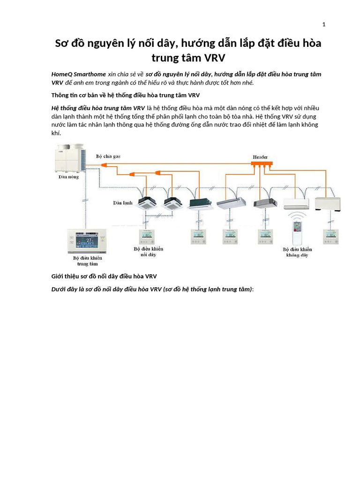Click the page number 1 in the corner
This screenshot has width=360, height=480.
pos(323,24)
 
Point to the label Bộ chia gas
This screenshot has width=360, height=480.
pos(108,156)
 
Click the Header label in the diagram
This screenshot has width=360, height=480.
pos(261,157)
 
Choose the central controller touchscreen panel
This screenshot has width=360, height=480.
pos(88,240)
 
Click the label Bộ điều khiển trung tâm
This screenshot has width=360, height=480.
pos(88,261)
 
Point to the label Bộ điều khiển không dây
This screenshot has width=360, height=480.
pos(298,252)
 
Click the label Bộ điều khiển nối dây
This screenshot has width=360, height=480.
pos(149,252)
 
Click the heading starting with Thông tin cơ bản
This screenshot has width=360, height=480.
pos(125,95)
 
